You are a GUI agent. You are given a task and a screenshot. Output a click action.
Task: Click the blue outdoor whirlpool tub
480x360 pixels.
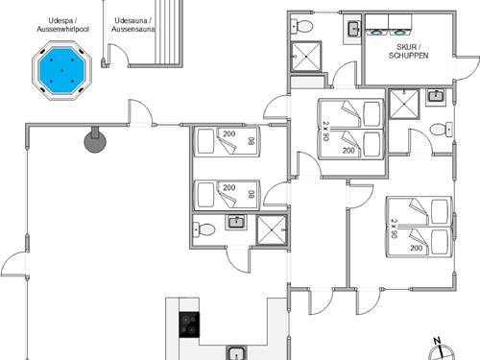tap(61, 70)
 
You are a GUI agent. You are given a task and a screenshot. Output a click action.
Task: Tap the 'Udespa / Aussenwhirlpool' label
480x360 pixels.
tap(62, 25)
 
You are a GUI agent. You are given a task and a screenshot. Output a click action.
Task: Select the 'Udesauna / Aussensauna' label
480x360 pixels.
tap(133, 25)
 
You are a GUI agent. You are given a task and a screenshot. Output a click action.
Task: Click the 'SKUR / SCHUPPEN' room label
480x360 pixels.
tap(408, 51)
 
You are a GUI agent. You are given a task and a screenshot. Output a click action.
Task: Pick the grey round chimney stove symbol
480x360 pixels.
tap(95, 141)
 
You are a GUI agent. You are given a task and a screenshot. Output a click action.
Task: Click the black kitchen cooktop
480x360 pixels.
tap(189, 324)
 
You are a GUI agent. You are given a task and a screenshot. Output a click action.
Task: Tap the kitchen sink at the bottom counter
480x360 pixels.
tap(236, 353)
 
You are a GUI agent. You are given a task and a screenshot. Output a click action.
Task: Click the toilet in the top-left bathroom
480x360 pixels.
tap(301, 26)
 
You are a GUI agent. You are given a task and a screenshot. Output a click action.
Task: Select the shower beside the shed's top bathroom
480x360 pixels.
tap(306, 57)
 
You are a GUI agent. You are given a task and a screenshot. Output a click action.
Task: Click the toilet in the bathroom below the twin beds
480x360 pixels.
tap(204, 229)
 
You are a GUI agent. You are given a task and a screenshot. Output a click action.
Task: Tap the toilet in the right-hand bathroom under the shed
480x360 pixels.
tap(442, 130)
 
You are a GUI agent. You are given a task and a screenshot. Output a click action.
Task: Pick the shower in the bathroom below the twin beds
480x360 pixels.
tap(272, 229)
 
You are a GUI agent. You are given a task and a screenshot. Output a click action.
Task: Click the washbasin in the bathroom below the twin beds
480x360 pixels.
tap(236, 222)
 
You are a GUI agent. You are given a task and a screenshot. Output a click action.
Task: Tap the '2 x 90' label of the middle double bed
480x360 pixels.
tap(326, 131)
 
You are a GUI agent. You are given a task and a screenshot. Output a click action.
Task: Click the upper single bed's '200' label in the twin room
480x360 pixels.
tap(229, 133)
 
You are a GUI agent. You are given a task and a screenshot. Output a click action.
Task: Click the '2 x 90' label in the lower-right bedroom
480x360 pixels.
tap(395, 228)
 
